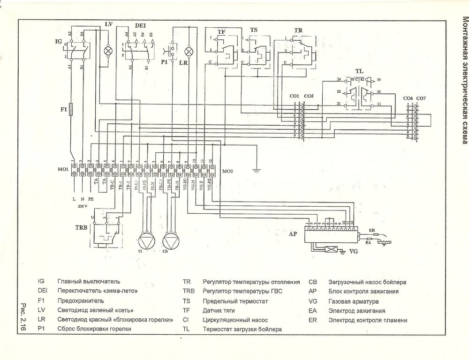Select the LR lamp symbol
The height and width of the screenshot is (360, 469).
[189, 51]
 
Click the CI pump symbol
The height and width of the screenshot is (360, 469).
[146, 240]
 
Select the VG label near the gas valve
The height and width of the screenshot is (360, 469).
[355, 251]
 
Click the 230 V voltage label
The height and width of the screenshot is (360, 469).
[83, 205]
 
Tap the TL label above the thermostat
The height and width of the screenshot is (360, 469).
[359, 71]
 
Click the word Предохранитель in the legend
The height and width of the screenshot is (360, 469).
[81, 300]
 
